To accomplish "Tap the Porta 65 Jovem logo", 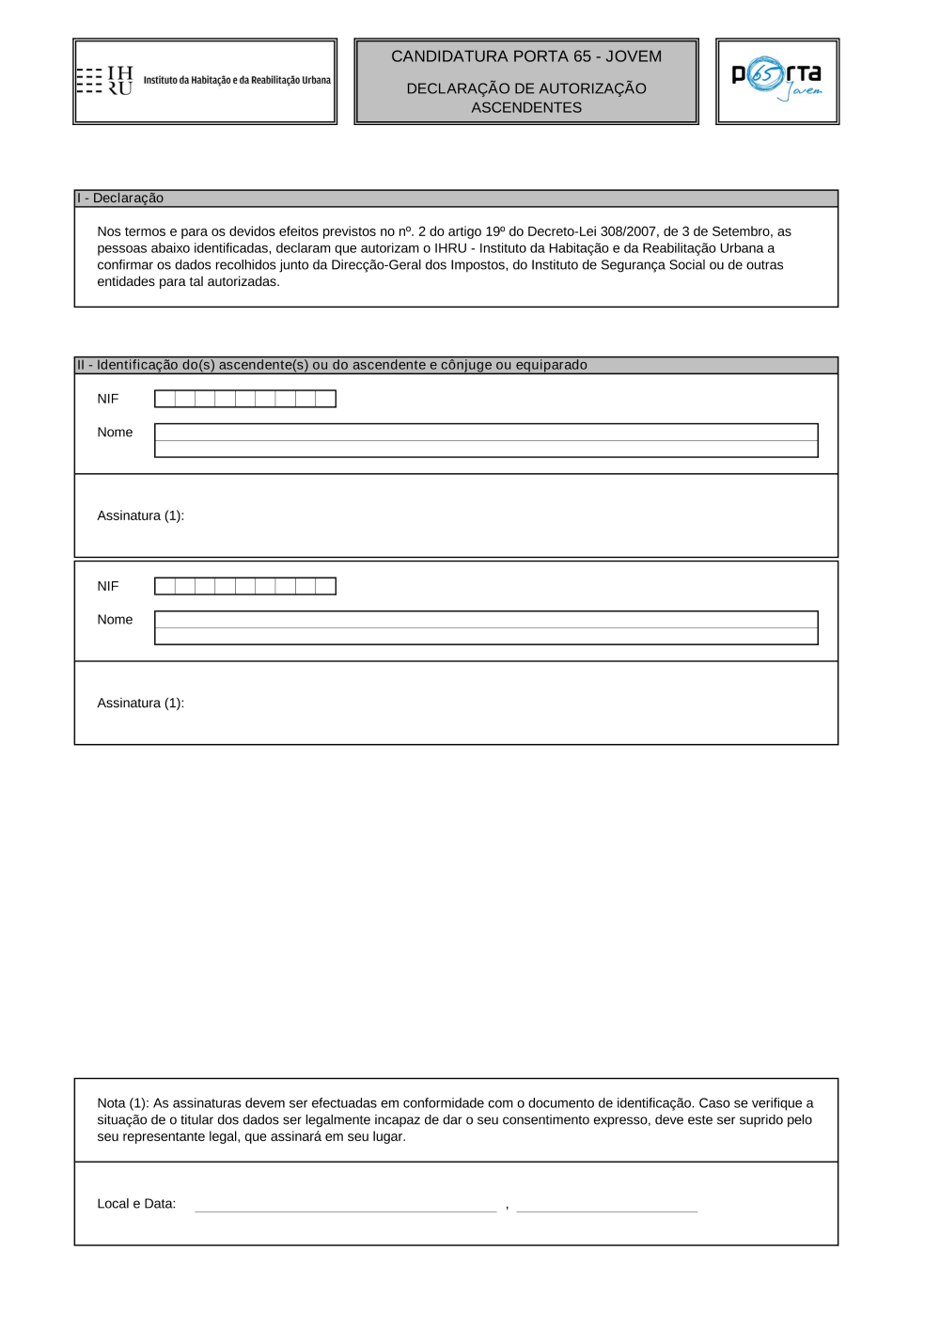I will [x=776, y=80].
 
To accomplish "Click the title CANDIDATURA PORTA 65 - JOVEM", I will [x=526, y=56].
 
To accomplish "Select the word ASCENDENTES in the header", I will [x=526, y=108].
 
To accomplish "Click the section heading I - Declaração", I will [x=120, y=198].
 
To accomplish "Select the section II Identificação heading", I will [x=332, y=365].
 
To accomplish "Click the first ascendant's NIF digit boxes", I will [x=244, y=399].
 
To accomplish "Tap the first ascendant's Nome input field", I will [x=486, y=440].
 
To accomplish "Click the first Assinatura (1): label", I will [x=140, y=515].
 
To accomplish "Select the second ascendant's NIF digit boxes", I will [x=244, y=586].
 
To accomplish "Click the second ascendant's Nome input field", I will [x=486, y=627].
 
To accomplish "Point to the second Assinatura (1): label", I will [x=140, y=703].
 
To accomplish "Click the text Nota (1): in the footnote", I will [x=123, y=1103].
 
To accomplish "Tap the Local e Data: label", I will [x=136, y=1204].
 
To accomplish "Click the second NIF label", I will [x=108, y=586].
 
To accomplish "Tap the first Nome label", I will [x=115, y=433].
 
